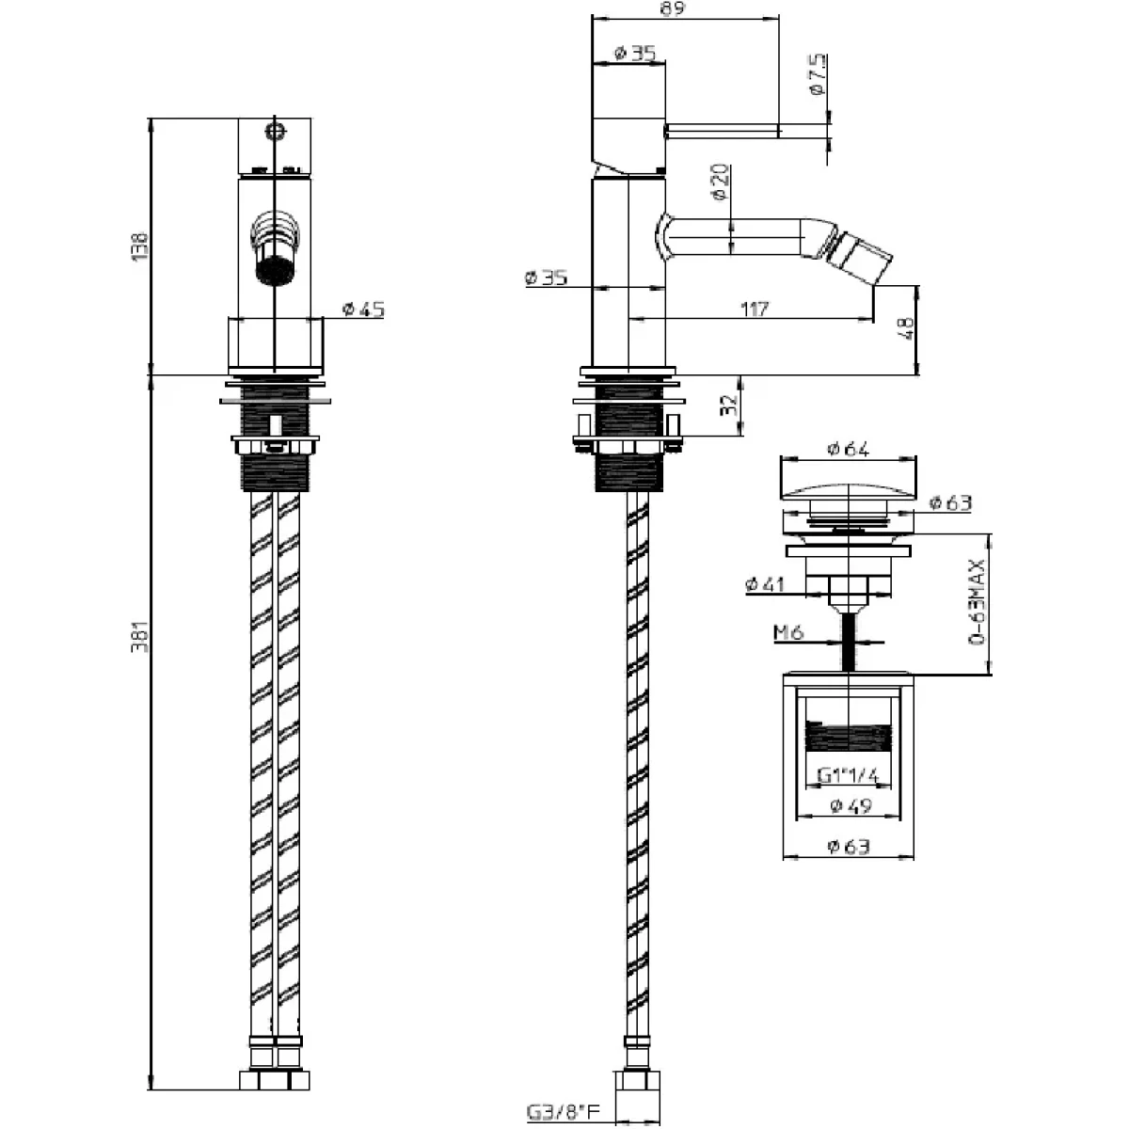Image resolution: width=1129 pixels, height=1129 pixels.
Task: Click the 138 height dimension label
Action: pyautogui.click(x=140, y=246)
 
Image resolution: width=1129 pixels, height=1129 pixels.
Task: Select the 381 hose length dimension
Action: pyautogui.click(x=140, y=636)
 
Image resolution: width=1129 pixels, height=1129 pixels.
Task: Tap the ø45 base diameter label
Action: pyautogui.click(x=363, y=309)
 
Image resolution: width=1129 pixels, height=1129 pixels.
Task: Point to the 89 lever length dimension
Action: pyautogui.click(x=672, y=8)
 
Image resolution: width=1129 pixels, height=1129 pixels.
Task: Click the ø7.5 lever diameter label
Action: pyautogui.click(x=818, y=74)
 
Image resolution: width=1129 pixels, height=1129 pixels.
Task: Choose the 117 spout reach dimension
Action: pyautogui.click(x=754, y=309)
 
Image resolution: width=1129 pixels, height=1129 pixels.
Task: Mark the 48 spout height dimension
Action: pyautogui.click(x=906, y=328)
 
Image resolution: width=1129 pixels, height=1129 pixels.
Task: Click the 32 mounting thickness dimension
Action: pyautogui.click(x=728, y=405)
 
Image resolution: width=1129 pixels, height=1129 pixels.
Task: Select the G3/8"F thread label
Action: pyautogui.click(x=564, y=1111)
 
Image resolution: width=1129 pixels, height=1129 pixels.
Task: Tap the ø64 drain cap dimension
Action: pyautogui.click(x=848, y=449)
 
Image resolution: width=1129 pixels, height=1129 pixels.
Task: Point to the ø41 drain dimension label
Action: pyautogui.click(x=765, y=583)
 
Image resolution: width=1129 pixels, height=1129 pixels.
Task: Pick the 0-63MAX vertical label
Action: pyautogui.click(x=977, y=602)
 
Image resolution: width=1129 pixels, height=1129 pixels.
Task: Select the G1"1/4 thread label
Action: pyautogui.click(x=848, y=775)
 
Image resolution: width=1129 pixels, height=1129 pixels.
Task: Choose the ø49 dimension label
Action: pyautogui.click(x=851, y=805)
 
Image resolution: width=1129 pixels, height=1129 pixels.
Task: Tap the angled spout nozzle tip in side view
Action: pyautogui.click(x=865, y=260)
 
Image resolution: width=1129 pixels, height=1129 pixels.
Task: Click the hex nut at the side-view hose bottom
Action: pyautogui.click(x=638, y=1088)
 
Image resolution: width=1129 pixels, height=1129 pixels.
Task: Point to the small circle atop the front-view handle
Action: pyautogui.click(x=275, y=131)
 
